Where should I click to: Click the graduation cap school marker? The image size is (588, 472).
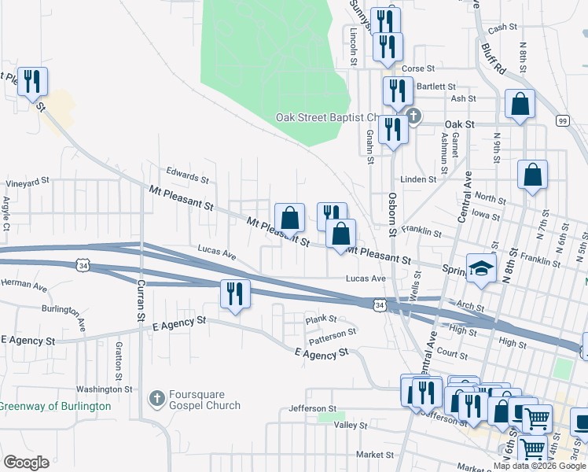pos(481,268)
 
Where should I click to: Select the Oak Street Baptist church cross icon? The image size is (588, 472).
pos(414,117)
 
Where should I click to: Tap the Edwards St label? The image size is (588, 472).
pos(186,174)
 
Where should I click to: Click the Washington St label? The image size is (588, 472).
pos(105,389)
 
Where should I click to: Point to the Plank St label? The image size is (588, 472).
pos(321,319)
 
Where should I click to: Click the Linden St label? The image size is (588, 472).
pos(417,179)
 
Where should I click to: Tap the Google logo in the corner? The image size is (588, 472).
pos(26,462)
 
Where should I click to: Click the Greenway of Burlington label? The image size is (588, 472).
pos(55,406)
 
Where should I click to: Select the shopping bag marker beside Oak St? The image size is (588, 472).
pos(520,105)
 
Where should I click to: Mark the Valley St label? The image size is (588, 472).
pos(351,426)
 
